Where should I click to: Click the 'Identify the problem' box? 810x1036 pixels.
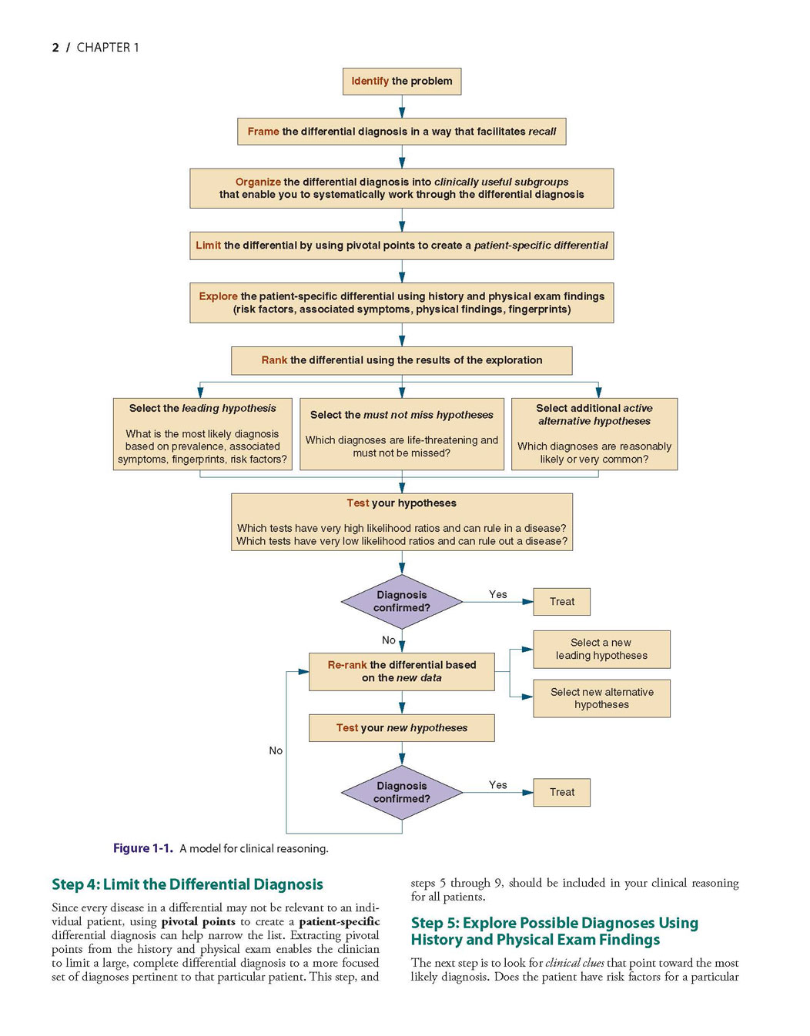click(x=401, y=81)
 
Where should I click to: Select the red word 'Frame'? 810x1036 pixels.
click(x=263, y=131)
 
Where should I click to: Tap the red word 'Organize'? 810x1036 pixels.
click(x=258, y=182)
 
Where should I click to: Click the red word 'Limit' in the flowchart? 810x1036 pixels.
click(x=208, y=245)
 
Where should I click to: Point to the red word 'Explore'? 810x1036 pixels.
click(x=218, y=296)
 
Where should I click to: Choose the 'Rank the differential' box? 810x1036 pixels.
click(x=401, y=360)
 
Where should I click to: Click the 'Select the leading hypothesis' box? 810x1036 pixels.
click(x=202, y=434)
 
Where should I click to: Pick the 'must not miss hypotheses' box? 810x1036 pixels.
click(x=402, y=434)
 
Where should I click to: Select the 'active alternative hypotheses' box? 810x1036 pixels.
click(x=594, y=434)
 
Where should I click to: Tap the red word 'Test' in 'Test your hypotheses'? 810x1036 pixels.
click(x=358, y=503)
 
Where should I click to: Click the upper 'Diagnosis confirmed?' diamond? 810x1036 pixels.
click(x=402, y=602)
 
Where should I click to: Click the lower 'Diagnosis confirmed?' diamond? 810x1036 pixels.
click(x=402, y=792)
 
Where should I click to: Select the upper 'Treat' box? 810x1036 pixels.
click(x=561, y=602)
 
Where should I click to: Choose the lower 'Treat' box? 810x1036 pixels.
click(x=561, y=792)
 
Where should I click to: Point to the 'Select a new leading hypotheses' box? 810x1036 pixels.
click(x=601, y=650)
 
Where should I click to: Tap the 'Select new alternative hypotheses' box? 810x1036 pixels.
click(x=601, y=698)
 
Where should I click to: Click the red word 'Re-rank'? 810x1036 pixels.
click(x=347, y=664)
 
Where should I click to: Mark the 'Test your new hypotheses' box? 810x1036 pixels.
click(x=401, y=728)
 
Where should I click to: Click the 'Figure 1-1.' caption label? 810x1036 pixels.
click(x=143, y=849)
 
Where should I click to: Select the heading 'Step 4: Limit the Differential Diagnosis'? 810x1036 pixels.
click(x=187, y=884)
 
